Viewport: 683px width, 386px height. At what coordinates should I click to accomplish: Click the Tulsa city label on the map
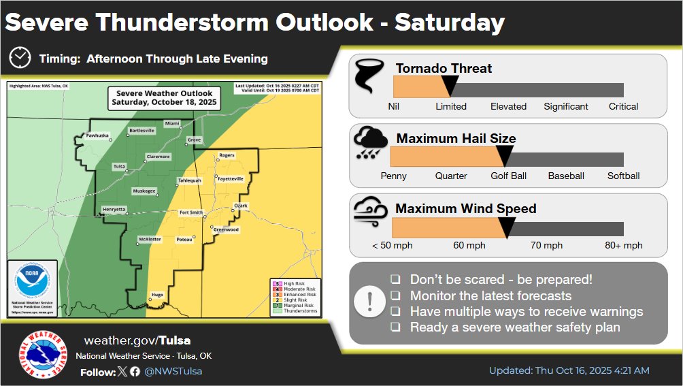pyautogui.click(x=118, y=165)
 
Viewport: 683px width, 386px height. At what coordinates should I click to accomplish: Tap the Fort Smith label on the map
pyautogui.click(x=190, y=212)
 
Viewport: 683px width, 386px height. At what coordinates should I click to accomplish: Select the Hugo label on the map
pyautogui.click(x=157, y=294)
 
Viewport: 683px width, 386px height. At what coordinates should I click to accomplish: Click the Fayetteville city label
pyautogui.click(x=230, y=178)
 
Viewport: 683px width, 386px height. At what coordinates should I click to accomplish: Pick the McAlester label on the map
pyautogui.click(x=149, y=239)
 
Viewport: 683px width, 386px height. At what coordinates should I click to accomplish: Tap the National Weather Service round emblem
pyautogui.click(x=43, y=356)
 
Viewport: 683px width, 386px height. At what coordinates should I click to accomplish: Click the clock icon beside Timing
pyautogui.click(x=20, y=58)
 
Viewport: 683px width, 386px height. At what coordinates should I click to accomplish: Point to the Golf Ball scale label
pyautogui.click(x=509, y=176)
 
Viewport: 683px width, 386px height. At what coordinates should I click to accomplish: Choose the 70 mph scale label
pyautogui.click(x=546, y=245)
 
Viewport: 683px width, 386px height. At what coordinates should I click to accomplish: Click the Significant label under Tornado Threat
pyautogui.click(x=566, y=106)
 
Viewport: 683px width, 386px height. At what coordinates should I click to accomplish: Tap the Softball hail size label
pyautogui.click(x=623, y=176)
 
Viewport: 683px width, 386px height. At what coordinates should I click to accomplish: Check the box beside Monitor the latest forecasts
pyautogui.click(x=395, y=296)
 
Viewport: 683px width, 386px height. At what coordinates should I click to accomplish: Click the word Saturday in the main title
pyautogui.click(x=450, y=22)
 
